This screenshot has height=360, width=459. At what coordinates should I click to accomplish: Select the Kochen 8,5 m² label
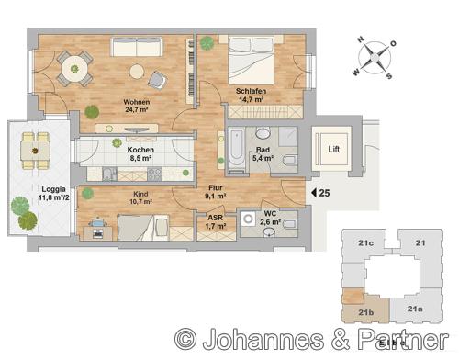point(140,152)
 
